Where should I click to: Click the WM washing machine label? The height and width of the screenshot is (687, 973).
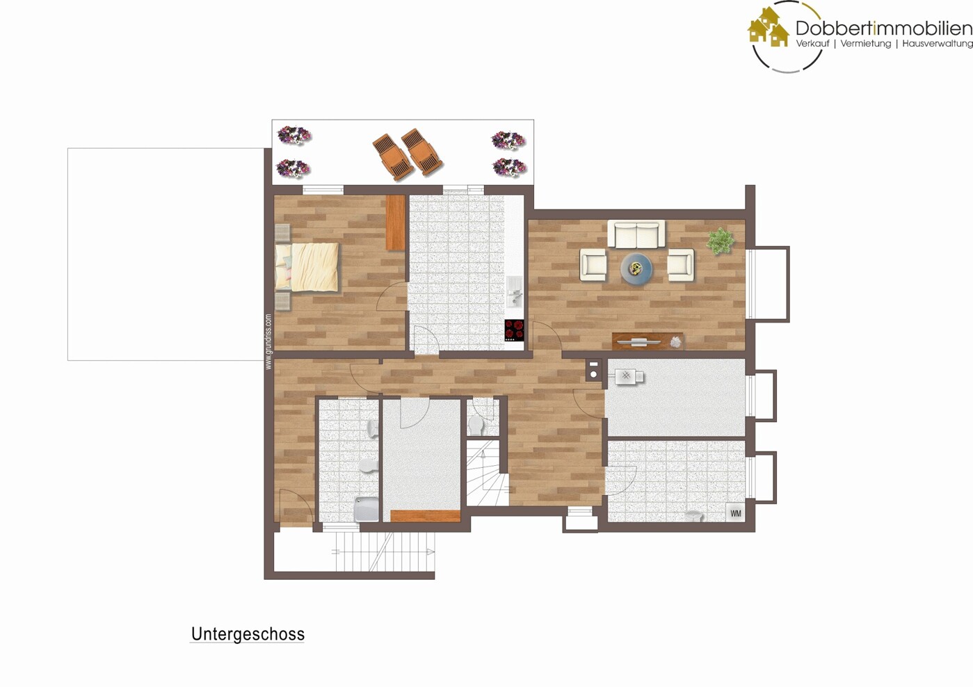point(736,513)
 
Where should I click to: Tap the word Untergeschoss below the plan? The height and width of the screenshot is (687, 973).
point(248,634)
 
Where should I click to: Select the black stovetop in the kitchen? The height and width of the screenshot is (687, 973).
point(514,330)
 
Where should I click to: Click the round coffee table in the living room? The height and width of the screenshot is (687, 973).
point(636,268)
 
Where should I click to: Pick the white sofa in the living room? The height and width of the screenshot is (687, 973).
point(636,234)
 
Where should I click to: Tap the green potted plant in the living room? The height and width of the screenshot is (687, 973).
point(721,241)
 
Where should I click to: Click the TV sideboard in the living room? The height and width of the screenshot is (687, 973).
point(648,341)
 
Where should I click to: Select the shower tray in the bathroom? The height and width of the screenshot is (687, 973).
point(367,508)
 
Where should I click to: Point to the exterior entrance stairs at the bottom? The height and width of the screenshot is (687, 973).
point(382,552)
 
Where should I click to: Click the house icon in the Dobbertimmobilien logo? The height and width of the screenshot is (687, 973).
point(768,28)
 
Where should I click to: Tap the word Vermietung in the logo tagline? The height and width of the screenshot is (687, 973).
point(865,44)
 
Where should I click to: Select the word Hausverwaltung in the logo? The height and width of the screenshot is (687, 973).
point(937,44)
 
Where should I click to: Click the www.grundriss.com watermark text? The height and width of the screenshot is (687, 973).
point(268,341)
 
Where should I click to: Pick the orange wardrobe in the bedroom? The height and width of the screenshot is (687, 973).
point(395,223)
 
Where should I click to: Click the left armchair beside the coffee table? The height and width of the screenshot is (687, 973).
point(593,265)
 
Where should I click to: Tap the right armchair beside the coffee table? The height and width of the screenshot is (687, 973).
point(680,265)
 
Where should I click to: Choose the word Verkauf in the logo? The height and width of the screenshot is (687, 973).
point(812,44)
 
